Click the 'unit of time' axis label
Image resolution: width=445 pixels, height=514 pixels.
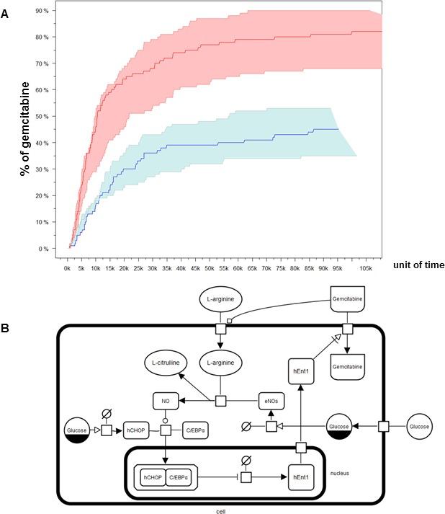pyautogui.click(x=418, y=265)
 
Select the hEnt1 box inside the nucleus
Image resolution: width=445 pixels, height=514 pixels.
pyautogui.click(x=302, y=477)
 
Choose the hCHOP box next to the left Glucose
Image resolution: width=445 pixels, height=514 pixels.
pyautogui.click(x=136, y=430)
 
